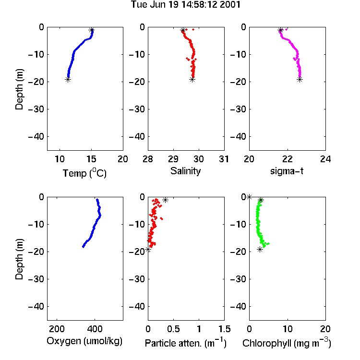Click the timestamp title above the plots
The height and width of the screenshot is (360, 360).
tap(185, 4)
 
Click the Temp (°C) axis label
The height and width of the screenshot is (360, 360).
tap(84, 173)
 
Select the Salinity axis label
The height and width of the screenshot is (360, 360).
tap(185, 171)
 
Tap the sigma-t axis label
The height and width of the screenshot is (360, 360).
tap(287, 171)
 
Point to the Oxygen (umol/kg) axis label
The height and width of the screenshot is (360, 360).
tap(84, 341)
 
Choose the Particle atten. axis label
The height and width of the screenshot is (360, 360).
tap(185, 343)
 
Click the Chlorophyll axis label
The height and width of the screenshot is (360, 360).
tap(287, 343)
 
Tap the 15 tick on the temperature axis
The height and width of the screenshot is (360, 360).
tap(91, 159)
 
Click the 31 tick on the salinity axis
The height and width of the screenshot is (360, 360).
tap(224, 159)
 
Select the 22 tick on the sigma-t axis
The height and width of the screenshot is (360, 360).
tap(287, 159)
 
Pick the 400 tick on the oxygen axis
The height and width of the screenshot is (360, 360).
tap(95, 329)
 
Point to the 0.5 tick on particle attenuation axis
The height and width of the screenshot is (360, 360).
tap(173, 329)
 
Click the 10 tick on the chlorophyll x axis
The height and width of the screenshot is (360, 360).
tap(287, 329)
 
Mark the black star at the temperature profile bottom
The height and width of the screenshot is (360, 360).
tap(68, 80)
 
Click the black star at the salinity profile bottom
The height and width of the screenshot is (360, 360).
tap(192, 80)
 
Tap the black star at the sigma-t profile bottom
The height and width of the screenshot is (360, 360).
tap(300, 80)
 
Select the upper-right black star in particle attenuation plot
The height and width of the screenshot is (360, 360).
tap(165, 200)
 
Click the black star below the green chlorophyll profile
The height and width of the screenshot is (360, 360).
tap(260, 249)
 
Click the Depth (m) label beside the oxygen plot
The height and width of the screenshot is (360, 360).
tap(19, 259)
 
